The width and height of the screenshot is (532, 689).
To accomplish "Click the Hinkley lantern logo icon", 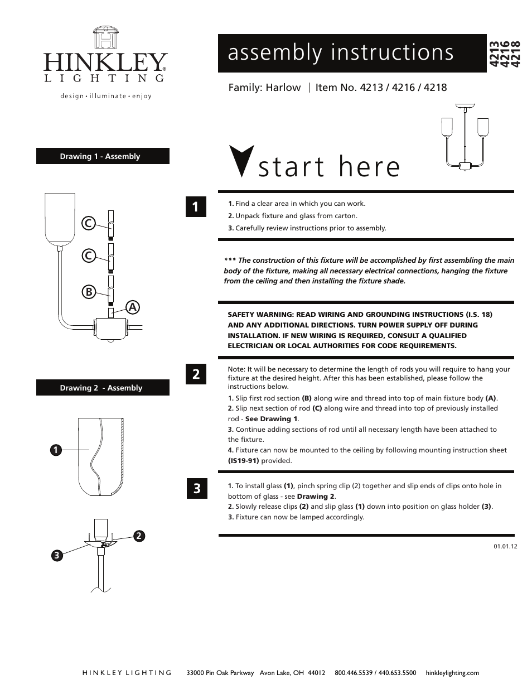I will click(105, 38).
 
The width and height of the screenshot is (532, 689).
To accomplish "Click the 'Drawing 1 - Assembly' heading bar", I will click(103, 156).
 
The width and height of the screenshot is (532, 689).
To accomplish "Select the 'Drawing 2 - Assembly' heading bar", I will click(103, 388).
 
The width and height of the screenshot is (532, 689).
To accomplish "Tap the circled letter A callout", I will click(132, 307).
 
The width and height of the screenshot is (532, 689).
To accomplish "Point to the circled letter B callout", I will click(88, 291).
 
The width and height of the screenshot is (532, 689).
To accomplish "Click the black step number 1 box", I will click(196, 207).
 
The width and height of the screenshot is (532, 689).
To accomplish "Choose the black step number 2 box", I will click(196, 374).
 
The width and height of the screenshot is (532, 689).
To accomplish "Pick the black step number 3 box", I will click(196, 489).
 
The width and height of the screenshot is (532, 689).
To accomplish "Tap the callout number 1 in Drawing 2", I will click(55, 450).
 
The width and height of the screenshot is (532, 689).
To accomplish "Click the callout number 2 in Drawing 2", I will click(139, 536).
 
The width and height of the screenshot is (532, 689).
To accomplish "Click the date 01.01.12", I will click(505, 546).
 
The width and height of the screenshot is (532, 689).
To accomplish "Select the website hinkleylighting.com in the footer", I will click(452, 673).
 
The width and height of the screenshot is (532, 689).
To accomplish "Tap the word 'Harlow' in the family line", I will click(283, 88).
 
